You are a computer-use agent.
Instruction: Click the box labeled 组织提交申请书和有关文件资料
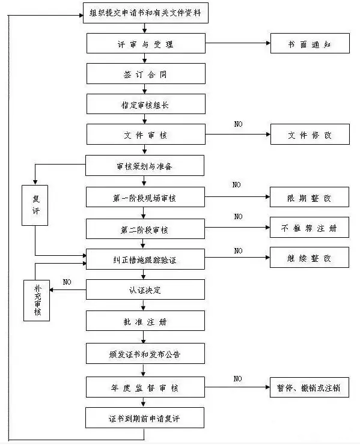click(x=145, y=13)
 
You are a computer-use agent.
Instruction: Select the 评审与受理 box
click(x=146, y=43)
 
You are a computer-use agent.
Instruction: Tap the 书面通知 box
click(x=310, y=43)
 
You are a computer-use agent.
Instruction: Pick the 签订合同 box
click(x=146, y=74)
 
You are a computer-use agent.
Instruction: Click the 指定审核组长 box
click(x=146, y=104)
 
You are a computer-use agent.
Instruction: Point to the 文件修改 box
click(x=310, y=135)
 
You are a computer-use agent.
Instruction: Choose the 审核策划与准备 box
click(x=145, y=165)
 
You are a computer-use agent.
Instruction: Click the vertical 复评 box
click(x=35, y=205)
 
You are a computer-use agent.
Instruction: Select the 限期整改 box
click(x=310, y=197)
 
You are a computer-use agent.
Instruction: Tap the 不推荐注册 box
click(x=310, y=228)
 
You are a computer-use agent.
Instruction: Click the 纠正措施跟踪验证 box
click(x=145, y=259)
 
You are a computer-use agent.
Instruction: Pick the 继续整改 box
click(x=310, y=258)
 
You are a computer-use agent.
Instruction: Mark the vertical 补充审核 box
click(x=37, y=300)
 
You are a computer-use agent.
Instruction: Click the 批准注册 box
click(x=145, y=321)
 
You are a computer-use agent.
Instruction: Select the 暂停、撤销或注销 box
click(x=310, y=387)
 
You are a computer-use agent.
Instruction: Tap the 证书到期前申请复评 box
click(x=145, y=418)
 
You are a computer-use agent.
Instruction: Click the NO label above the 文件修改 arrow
click(x=238, y=124)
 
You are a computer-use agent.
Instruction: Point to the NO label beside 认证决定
click(x=67, y=282)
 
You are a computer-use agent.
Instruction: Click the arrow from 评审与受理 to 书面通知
click(x=238, y=43)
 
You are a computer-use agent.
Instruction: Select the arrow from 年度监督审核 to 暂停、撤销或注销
click(x=237, y=387)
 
